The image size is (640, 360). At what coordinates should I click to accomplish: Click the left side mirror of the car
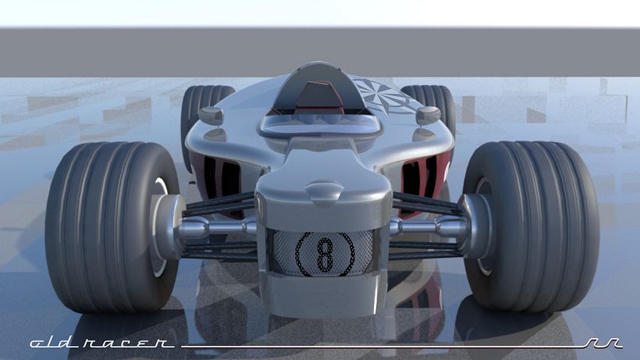pyautogui.click(x=211, y=116)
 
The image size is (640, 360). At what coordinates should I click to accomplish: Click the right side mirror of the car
pyautogui.click(x=427, y=115)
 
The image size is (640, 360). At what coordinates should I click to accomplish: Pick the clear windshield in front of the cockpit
pyautogui.click(x=320, y=120)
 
